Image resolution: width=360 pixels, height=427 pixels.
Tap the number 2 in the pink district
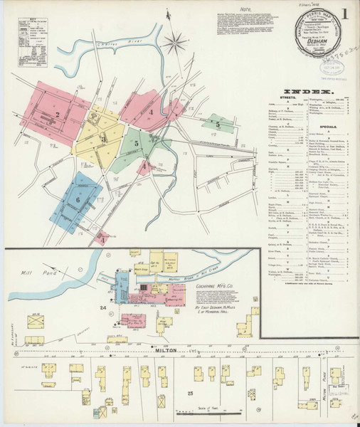(x=56, y=114)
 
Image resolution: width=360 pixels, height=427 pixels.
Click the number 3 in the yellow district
(x=103, y=139)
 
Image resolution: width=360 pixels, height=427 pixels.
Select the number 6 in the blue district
(x=77, y=200)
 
